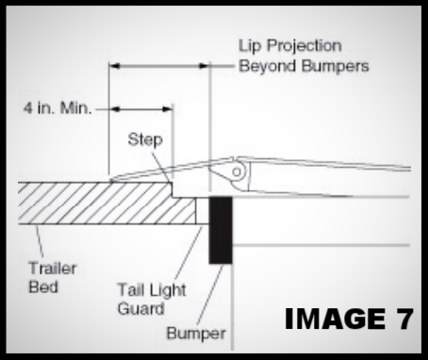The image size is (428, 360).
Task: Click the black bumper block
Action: (221, 229)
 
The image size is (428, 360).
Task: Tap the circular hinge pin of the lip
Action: (238, 171)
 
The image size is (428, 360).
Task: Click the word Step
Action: (146, 139)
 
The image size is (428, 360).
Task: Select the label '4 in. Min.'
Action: (58, 108)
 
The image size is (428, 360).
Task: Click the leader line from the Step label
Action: (160, 160)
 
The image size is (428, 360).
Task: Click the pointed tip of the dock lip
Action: (112, 179)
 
